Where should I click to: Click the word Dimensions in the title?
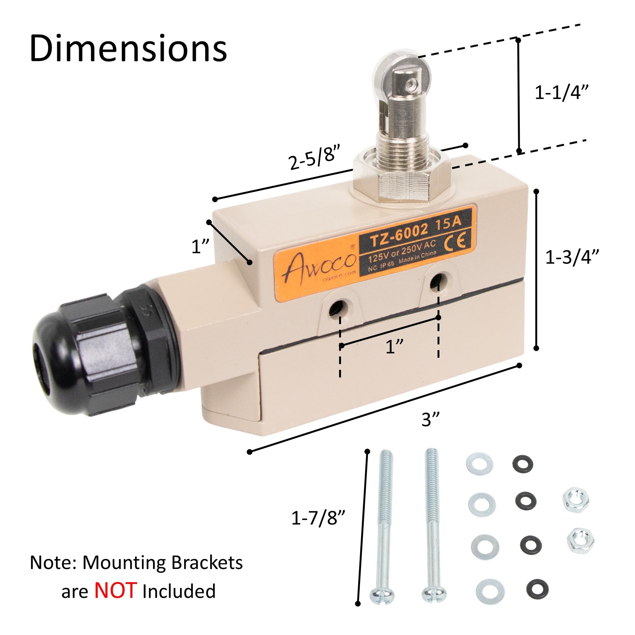[x=128, y=49]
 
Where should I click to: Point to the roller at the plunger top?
[x=396, y=77]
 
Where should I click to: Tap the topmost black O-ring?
[x=522, y=464]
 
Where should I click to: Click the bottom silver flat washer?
[x=490, y=591]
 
